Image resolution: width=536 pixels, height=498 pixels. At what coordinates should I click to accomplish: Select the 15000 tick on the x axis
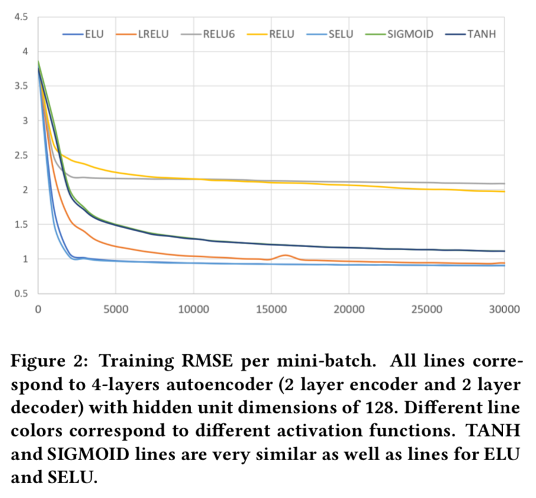271,309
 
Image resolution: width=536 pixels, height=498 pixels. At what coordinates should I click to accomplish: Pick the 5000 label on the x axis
115,309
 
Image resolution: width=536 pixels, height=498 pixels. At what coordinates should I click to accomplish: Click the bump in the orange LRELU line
286,255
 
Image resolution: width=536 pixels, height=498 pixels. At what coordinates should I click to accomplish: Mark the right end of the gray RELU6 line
503,183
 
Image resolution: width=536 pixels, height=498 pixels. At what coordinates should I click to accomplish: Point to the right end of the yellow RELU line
503,191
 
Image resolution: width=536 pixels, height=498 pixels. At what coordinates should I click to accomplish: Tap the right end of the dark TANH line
503,251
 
